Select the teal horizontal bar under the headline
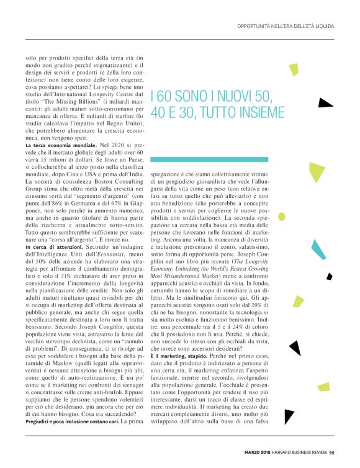[x=217, y=160]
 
